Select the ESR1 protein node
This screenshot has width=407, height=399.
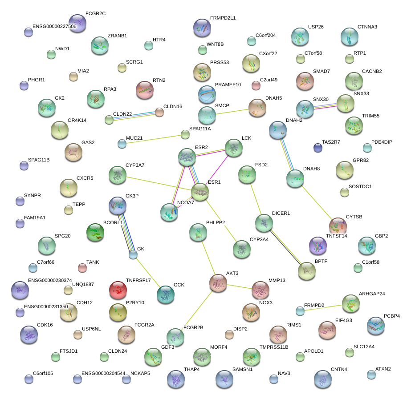200,191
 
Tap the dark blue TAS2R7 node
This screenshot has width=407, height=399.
317,148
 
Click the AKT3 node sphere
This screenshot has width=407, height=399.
218,283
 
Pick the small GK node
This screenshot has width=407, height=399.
133,255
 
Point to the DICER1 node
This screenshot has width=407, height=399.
264,222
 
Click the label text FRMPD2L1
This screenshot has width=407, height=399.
223,18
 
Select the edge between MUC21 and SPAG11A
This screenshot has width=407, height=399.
154,139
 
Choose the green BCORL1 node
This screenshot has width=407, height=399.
95,232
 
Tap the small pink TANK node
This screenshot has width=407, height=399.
82,267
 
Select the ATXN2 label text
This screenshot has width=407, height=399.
383,369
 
